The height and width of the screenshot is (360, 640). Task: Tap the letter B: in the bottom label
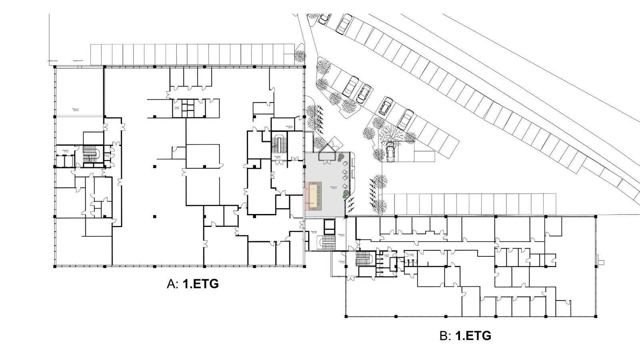point(445,336)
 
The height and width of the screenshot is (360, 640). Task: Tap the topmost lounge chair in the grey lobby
point(343,164)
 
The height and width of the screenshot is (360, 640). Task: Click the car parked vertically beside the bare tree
point(390,151)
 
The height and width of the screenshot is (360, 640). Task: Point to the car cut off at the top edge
point(324,18)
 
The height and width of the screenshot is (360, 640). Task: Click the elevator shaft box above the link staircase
point(329,227)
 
